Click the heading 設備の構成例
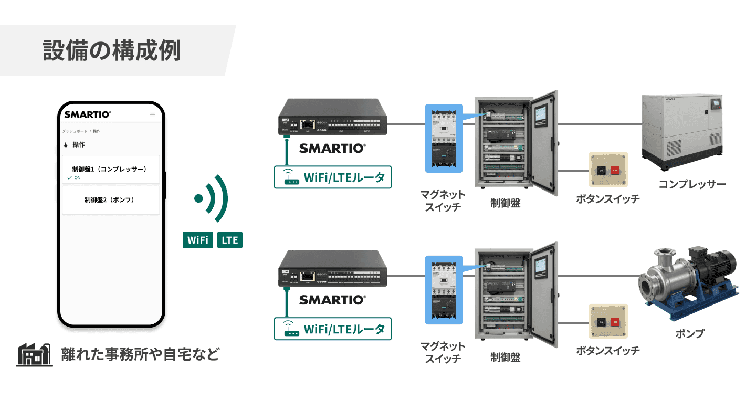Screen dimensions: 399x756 [x=112, y=50]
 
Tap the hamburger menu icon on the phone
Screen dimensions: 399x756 [x=152, y=114]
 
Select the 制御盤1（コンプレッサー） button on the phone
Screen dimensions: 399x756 [x=110, y=170]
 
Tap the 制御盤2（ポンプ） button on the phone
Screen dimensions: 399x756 [x=110, y=200]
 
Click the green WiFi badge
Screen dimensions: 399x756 [x=198, y=240]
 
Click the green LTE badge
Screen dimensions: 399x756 [x=230, y=240]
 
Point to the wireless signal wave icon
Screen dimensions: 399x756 [x=212, y=199]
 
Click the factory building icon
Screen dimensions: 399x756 [x=34, y=355]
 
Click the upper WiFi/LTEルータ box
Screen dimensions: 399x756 [x=333, y=177]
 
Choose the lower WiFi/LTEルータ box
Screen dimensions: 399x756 [x=333, y=329]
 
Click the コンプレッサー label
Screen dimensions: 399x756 [x=692, y=184]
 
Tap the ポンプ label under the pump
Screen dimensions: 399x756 [x=689, y=333]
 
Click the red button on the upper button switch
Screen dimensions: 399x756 [x=615, y=170]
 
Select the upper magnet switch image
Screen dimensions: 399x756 [x=443, y=139]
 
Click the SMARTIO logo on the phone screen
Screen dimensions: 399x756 [x=88, y=114]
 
